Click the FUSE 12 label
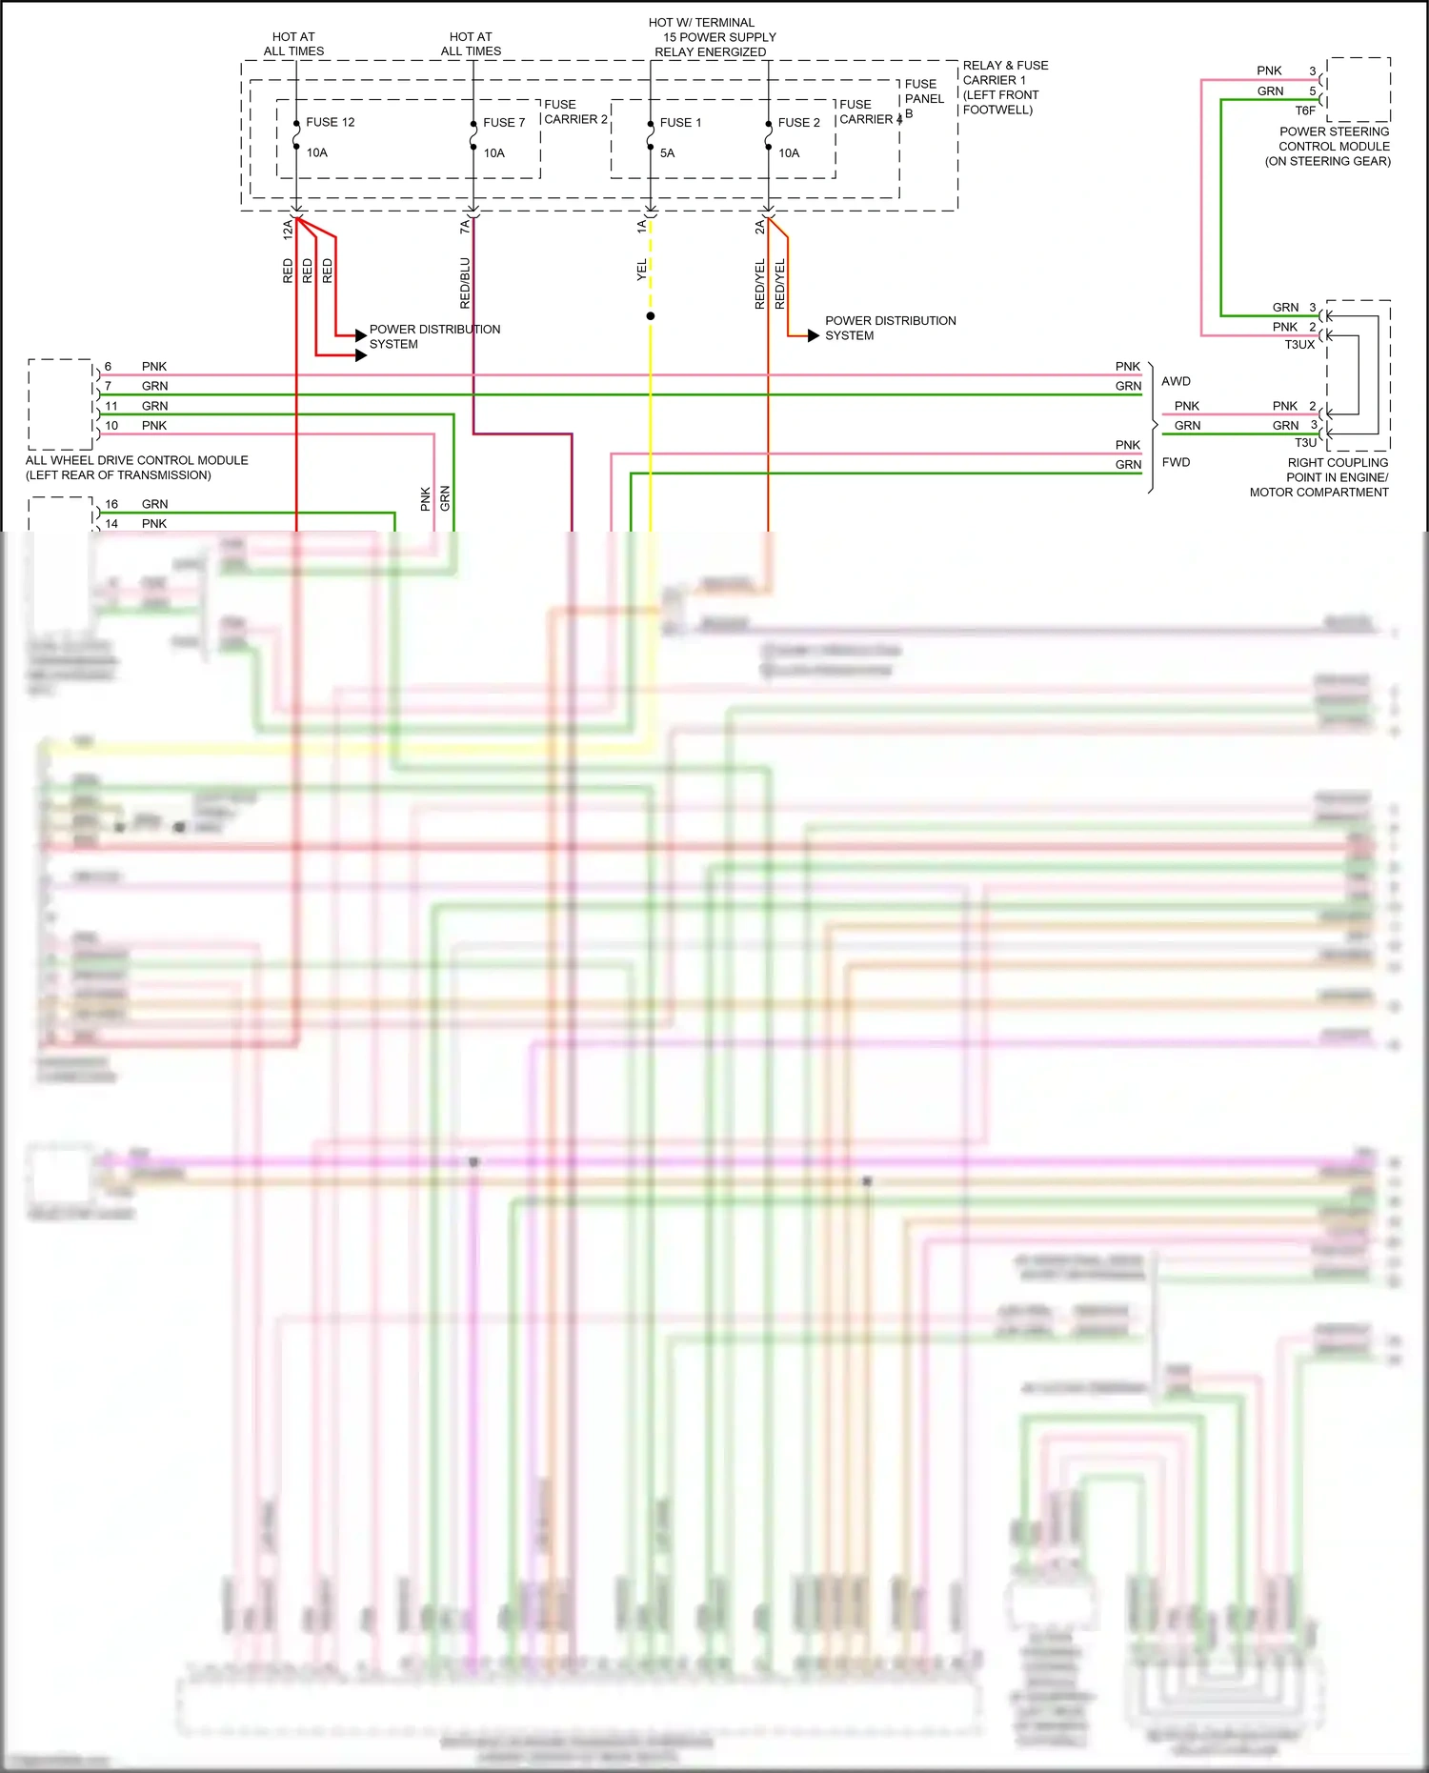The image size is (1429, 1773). [330, 122]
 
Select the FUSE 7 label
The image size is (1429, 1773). [503, 122]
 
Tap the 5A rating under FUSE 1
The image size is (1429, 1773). [667, 152]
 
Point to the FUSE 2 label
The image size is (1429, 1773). [798, 122]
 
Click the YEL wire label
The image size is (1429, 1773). [641, 270]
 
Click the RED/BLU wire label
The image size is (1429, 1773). [465, 282]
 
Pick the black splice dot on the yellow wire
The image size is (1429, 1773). [651, 315]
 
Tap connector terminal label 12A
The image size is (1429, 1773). [287, 229]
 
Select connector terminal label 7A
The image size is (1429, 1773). [464, 227]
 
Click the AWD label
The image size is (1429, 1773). [1176, 381]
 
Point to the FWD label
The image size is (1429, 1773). [1176, 462]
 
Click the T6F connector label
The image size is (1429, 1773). [1304, 111]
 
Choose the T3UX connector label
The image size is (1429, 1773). [1298, 344]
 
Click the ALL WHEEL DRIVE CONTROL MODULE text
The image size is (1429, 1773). [136, 460]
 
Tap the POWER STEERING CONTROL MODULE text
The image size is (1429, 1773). [1333, 139]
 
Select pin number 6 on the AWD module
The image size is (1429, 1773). [108, 366]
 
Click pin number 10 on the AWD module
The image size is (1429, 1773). [111, 425]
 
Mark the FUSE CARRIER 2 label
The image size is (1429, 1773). [574, 111]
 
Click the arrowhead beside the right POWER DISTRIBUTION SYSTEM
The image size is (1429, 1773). [813, 335]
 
